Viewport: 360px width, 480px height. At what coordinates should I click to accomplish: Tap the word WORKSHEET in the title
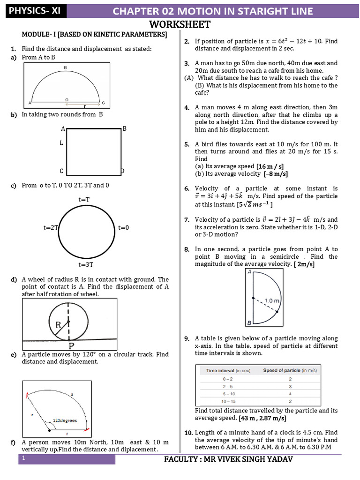click(x=180, y=25)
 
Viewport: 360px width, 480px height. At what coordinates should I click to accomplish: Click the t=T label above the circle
click(x=84, y=200)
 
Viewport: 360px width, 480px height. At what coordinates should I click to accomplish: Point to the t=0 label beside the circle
click(x=123, y=228)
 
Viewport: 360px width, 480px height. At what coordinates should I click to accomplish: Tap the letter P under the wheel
click(x=72, y=346)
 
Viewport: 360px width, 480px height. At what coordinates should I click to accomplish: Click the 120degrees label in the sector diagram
click(x=64, y=420)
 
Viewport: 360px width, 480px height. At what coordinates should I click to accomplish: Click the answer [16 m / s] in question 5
click(x=270, y=166)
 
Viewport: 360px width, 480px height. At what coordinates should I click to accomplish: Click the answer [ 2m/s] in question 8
click(x=304, y=264)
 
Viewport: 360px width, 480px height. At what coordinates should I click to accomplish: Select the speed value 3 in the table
click(x=290, y=386)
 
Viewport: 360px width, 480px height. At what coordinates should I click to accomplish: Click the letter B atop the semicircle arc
click(x=65, y=68)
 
